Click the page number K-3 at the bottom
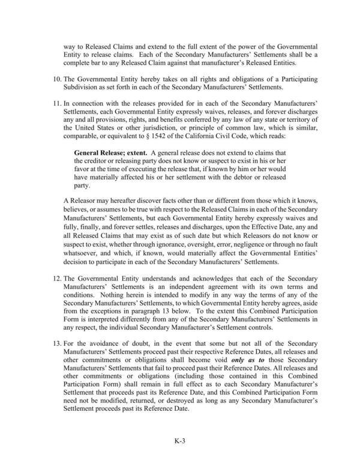pyautogui.click(x=179, y=440)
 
